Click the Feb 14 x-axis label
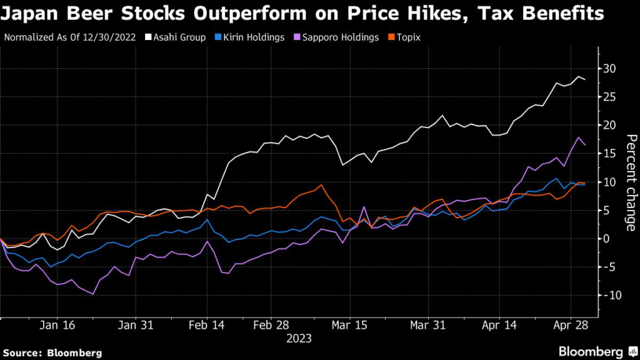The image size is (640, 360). pos(206,325)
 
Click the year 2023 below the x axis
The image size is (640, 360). pos(298,338)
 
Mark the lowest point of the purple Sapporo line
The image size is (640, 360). pos(93,294)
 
